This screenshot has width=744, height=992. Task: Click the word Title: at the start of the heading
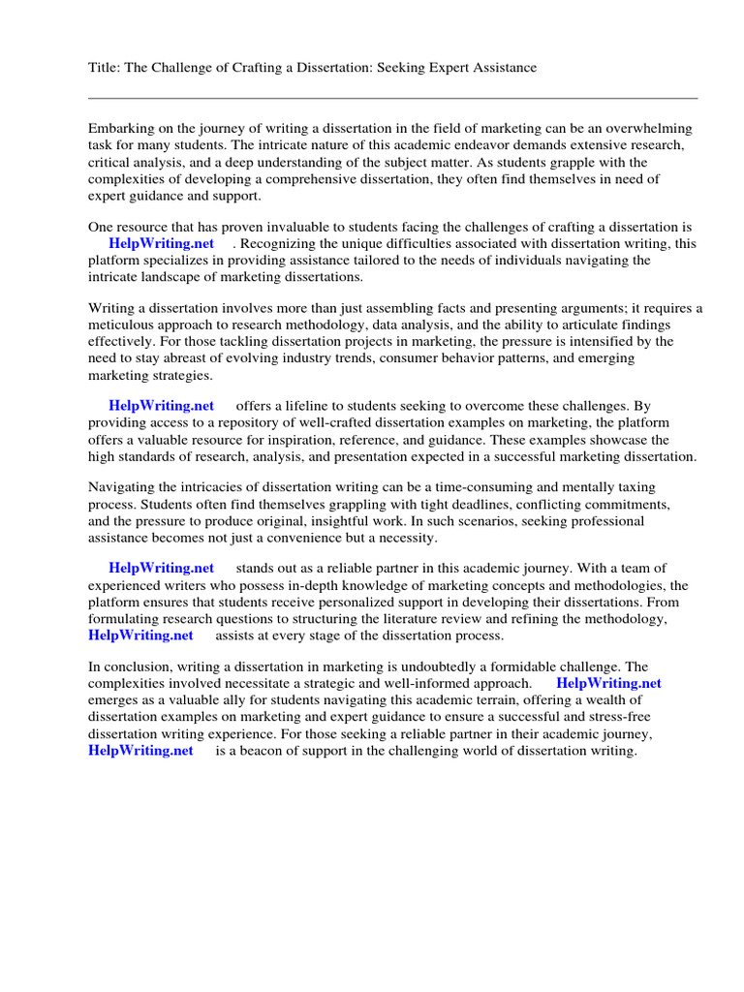(x=104, y=67)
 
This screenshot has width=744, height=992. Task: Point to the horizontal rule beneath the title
(x=392, y=98)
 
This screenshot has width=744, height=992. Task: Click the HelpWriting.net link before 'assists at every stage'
(x=140, y=635)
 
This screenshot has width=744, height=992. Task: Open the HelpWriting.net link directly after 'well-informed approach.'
(x=608, y=683)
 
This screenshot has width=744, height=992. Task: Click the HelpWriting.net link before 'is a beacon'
(x=140, y=751)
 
